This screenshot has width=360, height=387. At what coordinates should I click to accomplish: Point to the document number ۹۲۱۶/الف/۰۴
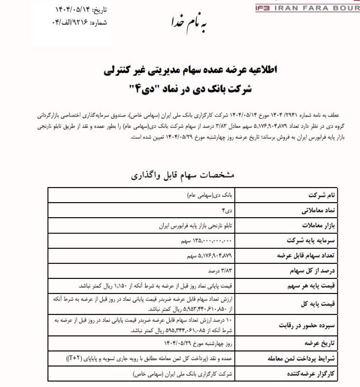[x=67, y=23]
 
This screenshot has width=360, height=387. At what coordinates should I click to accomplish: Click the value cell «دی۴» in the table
[x=228, y=210]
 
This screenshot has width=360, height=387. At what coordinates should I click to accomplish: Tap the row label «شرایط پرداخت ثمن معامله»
[x=298, y=358]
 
